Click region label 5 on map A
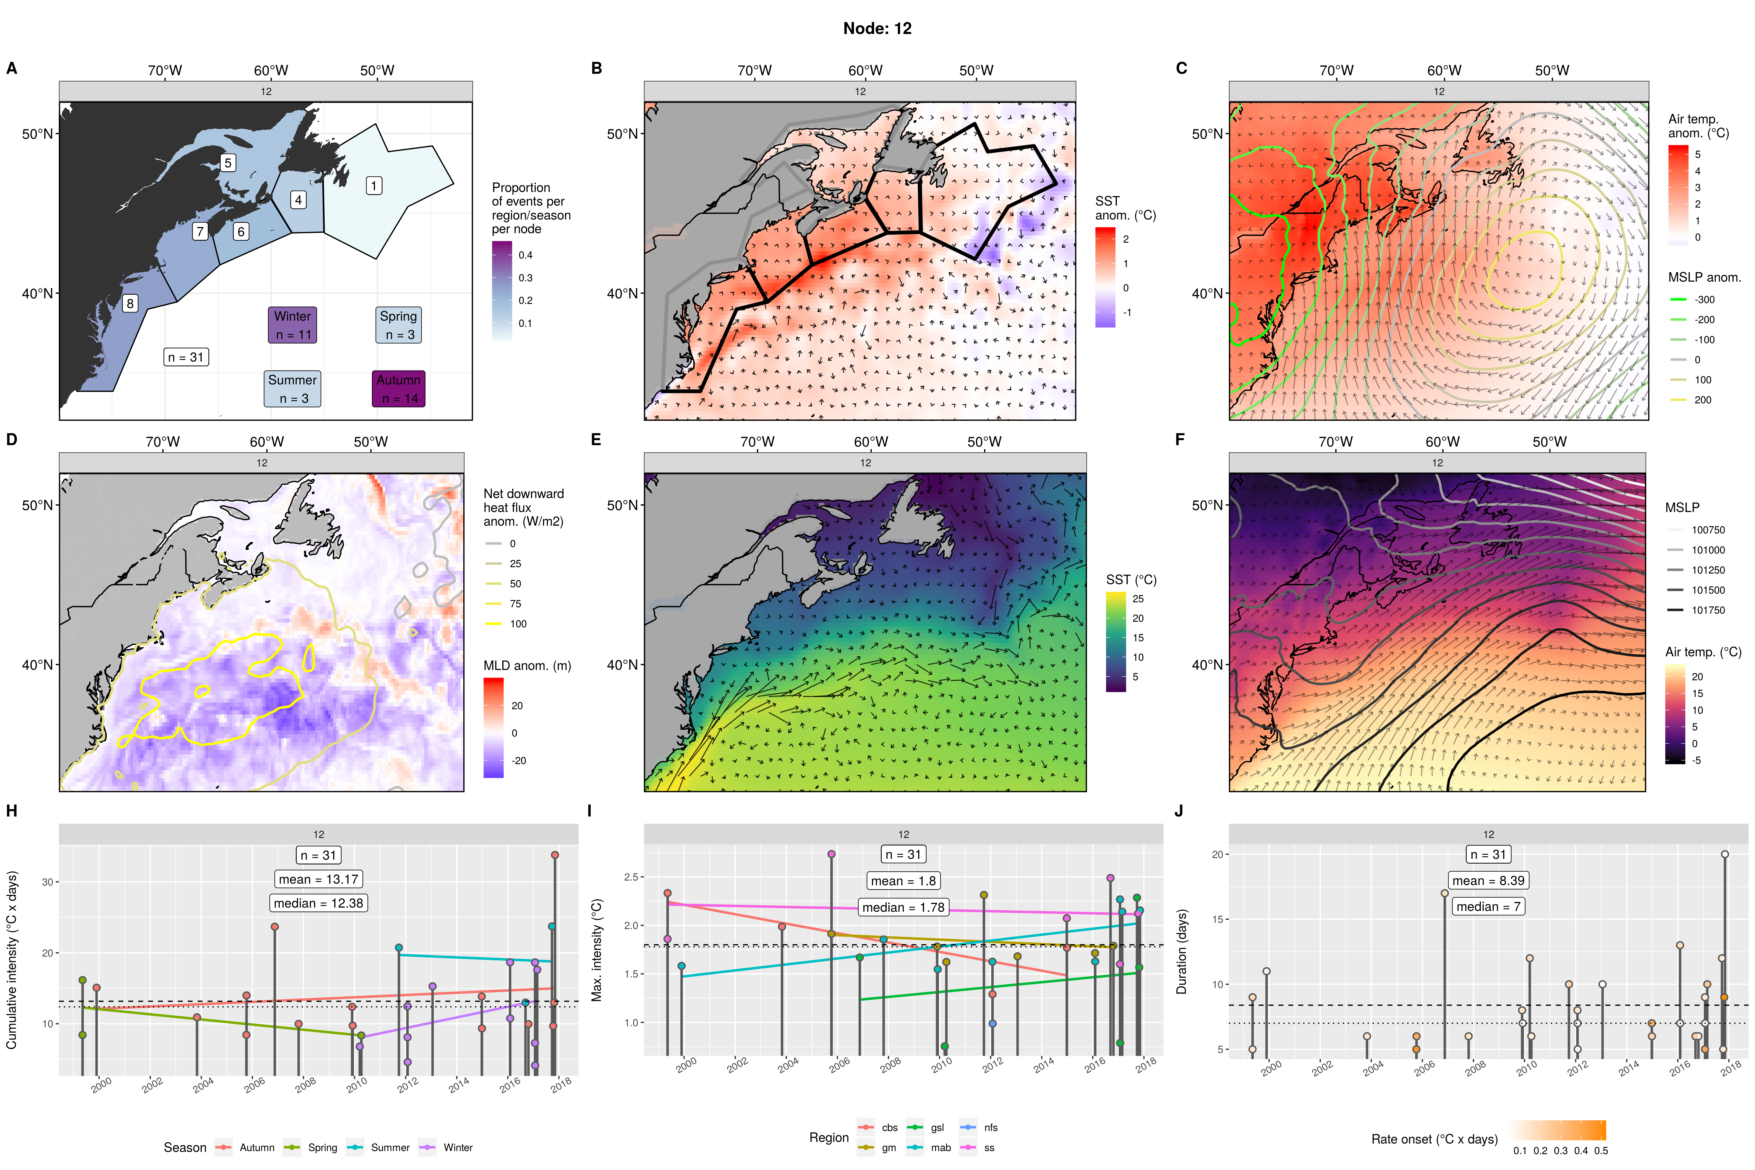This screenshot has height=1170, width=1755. click(228, 163)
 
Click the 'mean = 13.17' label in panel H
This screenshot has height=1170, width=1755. click(319, 879)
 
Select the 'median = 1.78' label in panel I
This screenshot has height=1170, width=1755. click(903, 907)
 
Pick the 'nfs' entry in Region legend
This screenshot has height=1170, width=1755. click(990, 1127)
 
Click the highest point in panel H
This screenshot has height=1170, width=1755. click(554, 855)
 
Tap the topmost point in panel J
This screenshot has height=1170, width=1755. click(1724, 854)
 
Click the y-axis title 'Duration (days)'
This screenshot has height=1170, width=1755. click(1181, 951)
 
